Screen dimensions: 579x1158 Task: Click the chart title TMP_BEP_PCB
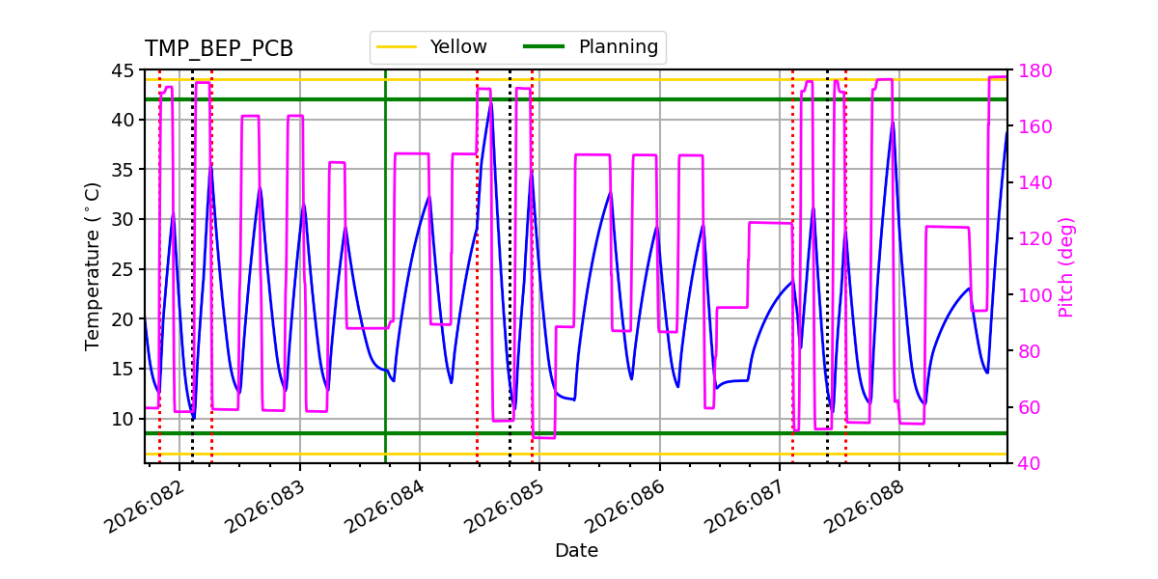click(x=219, y=49)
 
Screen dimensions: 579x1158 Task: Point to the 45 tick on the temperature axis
click(x=123, y=70)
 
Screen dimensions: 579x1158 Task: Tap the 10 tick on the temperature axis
click(x=123, y=419)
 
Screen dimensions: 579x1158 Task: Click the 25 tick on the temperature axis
click(x=123, y=269)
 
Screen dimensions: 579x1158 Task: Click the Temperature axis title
click(x=93, y=265)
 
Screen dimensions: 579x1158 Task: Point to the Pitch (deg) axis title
click(x=1066, y=266)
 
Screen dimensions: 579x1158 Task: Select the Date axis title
click(x=576, y=551)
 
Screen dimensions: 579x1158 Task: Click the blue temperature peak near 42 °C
click(x=491, y=102)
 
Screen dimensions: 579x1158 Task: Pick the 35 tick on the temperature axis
click(x=123, y=170)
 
